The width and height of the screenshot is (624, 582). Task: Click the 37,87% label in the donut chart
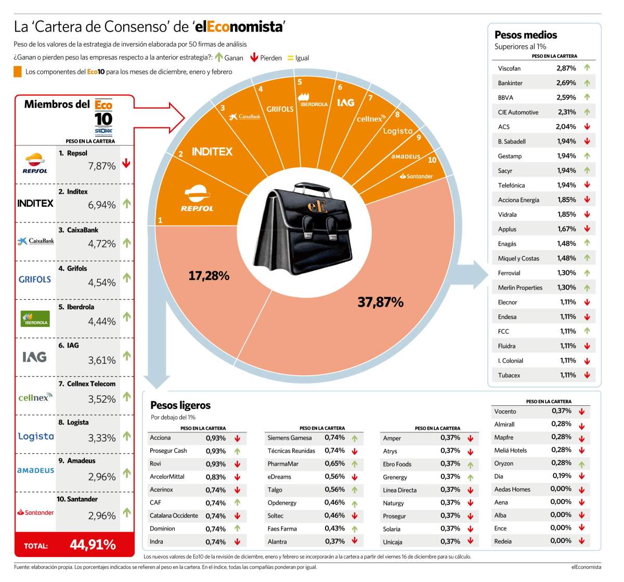point(380,302)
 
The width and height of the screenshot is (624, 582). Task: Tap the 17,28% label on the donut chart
point(209,276)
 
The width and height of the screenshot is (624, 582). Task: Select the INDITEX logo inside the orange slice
point(212,152)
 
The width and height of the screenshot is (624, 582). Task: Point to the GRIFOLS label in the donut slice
point(280,109)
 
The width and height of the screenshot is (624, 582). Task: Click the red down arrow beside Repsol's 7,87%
point(126,163)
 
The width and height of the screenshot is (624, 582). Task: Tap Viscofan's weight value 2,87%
point(566,68)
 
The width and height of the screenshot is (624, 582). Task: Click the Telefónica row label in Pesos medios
point(511,186)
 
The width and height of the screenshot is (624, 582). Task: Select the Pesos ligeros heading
point(180,405)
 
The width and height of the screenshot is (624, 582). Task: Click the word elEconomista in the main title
point(239,27)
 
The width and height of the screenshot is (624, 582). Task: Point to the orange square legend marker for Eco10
point(18,72)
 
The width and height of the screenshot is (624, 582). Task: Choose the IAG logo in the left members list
point(34,357)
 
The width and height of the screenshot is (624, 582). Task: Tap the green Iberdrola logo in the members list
point(35,319)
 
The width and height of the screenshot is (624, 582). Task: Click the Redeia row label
point(503,541)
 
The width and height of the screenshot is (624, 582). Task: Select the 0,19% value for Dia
point(562,476)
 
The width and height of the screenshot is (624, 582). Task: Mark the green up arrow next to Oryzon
point(581,464)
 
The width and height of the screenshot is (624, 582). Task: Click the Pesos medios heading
point(526,35)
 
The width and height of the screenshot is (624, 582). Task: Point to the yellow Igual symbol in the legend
point(290,58)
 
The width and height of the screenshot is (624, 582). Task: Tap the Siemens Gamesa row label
point(289,438)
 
